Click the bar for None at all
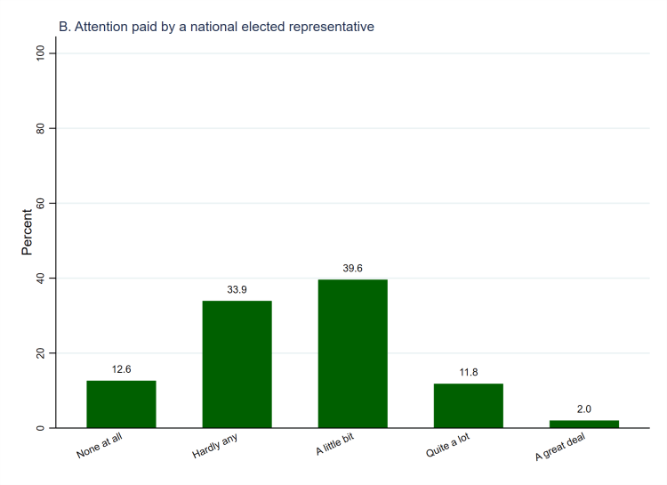(x=121, y=404)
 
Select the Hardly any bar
(x=237, y=364)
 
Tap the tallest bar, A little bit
(x=352, y=353)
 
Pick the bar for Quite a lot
(x=468, y=406)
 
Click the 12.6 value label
(x=121, y=369)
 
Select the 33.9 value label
(x=237, y=289)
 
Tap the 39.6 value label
(x=352, y=268)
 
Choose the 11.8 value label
(x=468, y=372)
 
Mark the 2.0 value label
(x=583, y=408)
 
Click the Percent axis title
(x=28, y=232)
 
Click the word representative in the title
(x=328, y=27)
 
